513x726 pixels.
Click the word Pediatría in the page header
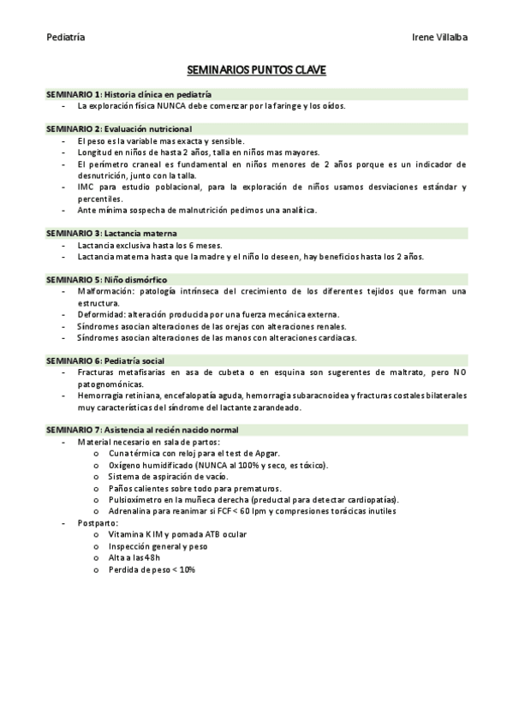coord(65,38)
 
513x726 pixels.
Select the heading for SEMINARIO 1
coord(128,94)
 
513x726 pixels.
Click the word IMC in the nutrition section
coord(85,186)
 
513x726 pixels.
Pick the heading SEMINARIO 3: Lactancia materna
coord(111,233)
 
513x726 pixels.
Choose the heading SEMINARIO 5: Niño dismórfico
coord(107,279)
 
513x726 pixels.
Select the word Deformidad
coord(99,314)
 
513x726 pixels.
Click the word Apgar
coord(266,453)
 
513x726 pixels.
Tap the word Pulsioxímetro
coord(139,499)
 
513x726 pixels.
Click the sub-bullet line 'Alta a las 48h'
coord(134,557)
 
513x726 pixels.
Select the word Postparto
coord(97,522)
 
